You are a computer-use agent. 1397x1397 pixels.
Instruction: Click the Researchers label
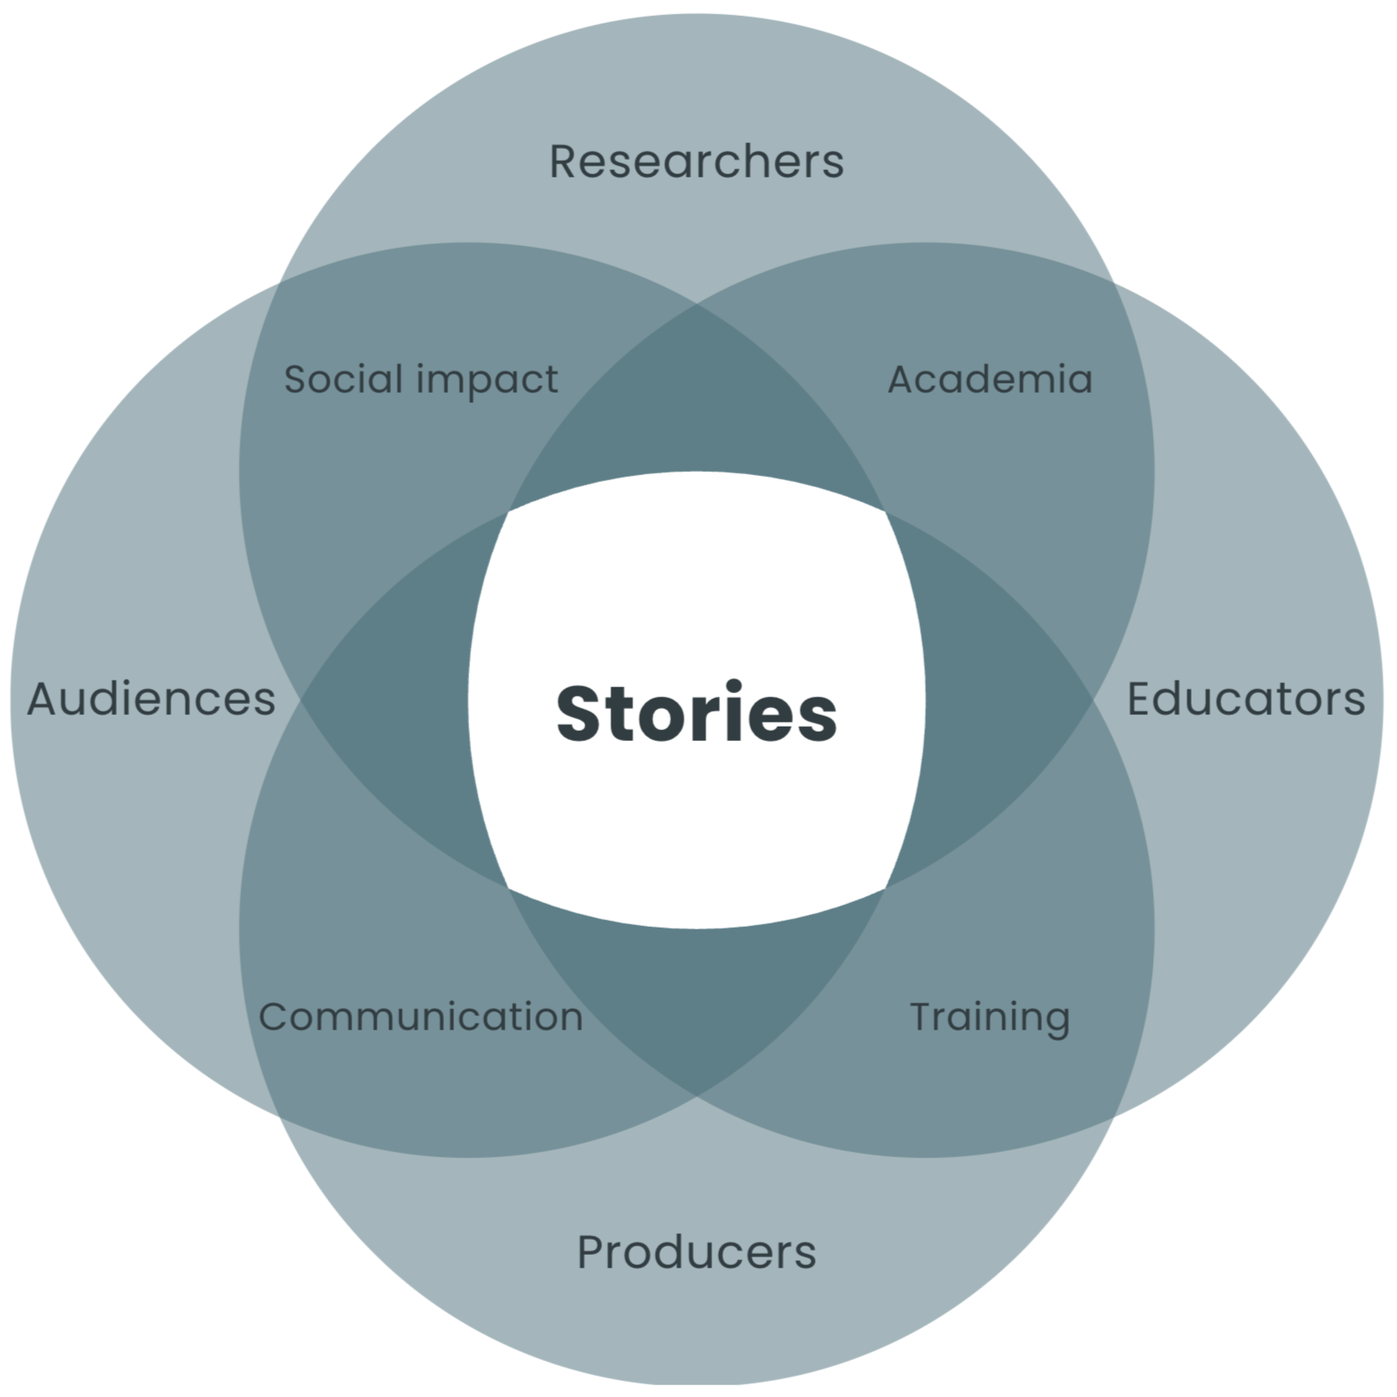(x=696, y=161)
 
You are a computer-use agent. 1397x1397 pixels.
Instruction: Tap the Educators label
(x=1246, y=699)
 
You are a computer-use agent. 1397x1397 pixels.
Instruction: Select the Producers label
(x=696, y=1252)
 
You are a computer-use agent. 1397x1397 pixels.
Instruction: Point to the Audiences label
(x=151, y=699)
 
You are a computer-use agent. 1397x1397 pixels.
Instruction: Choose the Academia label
(x=990, y=379)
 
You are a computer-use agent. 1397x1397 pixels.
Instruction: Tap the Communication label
(x=421, y=1017)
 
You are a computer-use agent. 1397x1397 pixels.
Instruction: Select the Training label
(x=990, y=1018)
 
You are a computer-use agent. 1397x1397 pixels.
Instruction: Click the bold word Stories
(x=696, y=713)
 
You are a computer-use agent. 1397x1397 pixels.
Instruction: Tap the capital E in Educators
(x=1140, y=699)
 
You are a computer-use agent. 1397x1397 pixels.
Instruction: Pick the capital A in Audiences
(x=44, y=699)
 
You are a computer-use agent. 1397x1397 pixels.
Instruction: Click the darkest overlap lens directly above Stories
(x=696, y=404)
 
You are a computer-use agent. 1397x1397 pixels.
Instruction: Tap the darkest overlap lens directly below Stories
(x=696, y=1001)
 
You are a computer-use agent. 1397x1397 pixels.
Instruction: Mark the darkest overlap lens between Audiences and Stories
(x=395, y=700)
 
